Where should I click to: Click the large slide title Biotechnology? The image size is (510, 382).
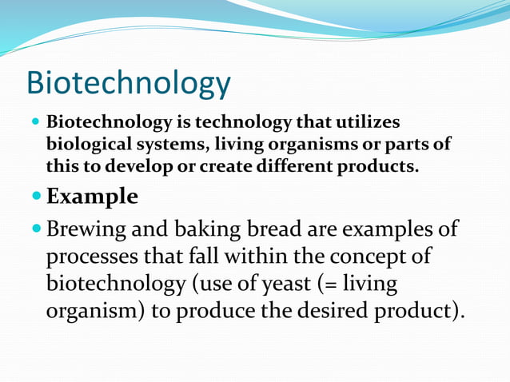click(128, 84)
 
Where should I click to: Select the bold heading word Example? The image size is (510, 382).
click(92, 196)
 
